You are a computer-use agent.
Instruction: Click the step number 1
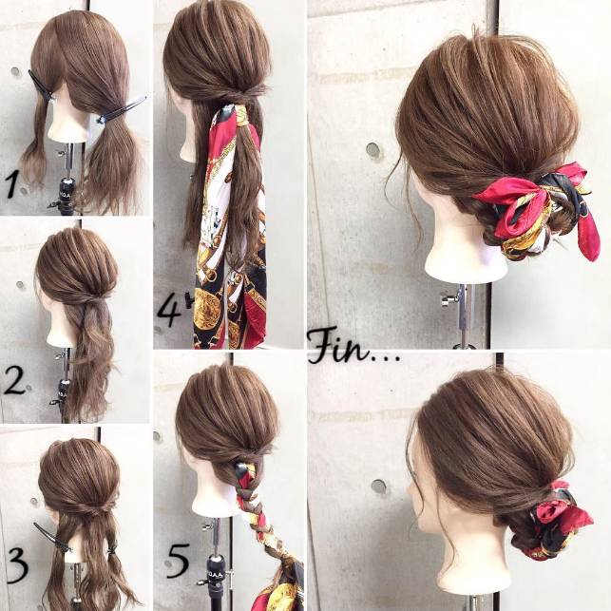[x=12, y=185]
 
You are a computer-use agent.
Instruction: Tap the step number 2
[x=15, y=381]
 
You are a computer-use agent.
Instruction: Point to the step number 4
[x=169, y=312]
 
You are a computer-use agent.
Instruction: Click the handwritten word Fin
[x=339, y=346]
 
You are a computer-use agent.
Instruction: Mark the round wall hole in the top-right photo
[x=372, y=150]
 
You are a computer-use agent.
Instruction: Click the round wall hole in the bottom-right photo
[x=378, y=486]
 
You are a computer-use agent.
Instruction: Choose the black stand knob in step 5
[x=215, y=565]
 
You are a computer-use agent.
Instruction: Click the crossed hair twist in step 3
[x=93, y=507]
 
